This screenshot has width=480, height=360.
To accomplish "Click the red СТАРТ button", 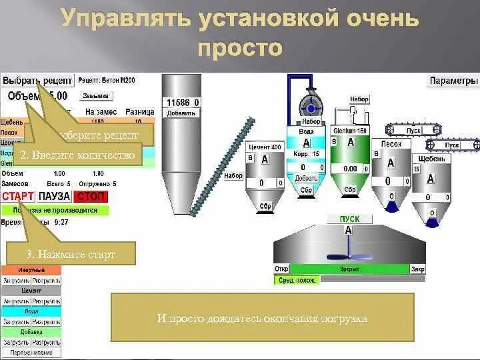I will (x=18, y=196).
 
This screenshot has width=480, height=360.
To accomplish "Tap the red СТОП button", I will (x=91, y=196).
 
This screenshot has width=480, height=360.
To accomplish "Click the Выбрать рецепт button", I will (x=36, y=80).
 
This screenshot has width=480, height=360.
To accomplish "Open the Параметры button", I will (x=453, y=81).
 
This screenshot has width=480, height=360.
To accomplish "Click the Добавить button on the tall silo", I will (x=181, y=113).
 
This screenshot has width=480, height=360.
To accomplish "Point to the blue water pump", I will (x=309, y=106).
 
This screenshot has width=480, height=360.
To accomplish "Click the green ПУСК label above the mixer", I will (x=349, y=219).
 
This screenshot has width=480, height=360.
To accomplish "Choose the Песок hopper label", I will (x=391, y=144).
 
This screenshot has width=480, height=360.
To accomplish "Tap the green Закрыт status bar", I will (x=349, y=269).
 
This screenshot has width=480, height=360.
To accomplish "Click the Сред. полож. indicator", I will (x=297, y=281).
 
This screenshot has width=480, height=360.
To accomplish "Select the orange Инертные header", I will (x=31, y=270).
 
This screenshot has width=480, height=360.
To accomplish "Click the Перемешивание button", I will (x=31, y=353).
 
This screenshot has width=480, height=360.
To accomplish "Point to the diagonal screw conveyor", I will (x=222, y=166).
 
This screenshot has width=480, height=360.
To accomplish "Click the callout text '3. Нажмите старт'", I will (x=71, y=254).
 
